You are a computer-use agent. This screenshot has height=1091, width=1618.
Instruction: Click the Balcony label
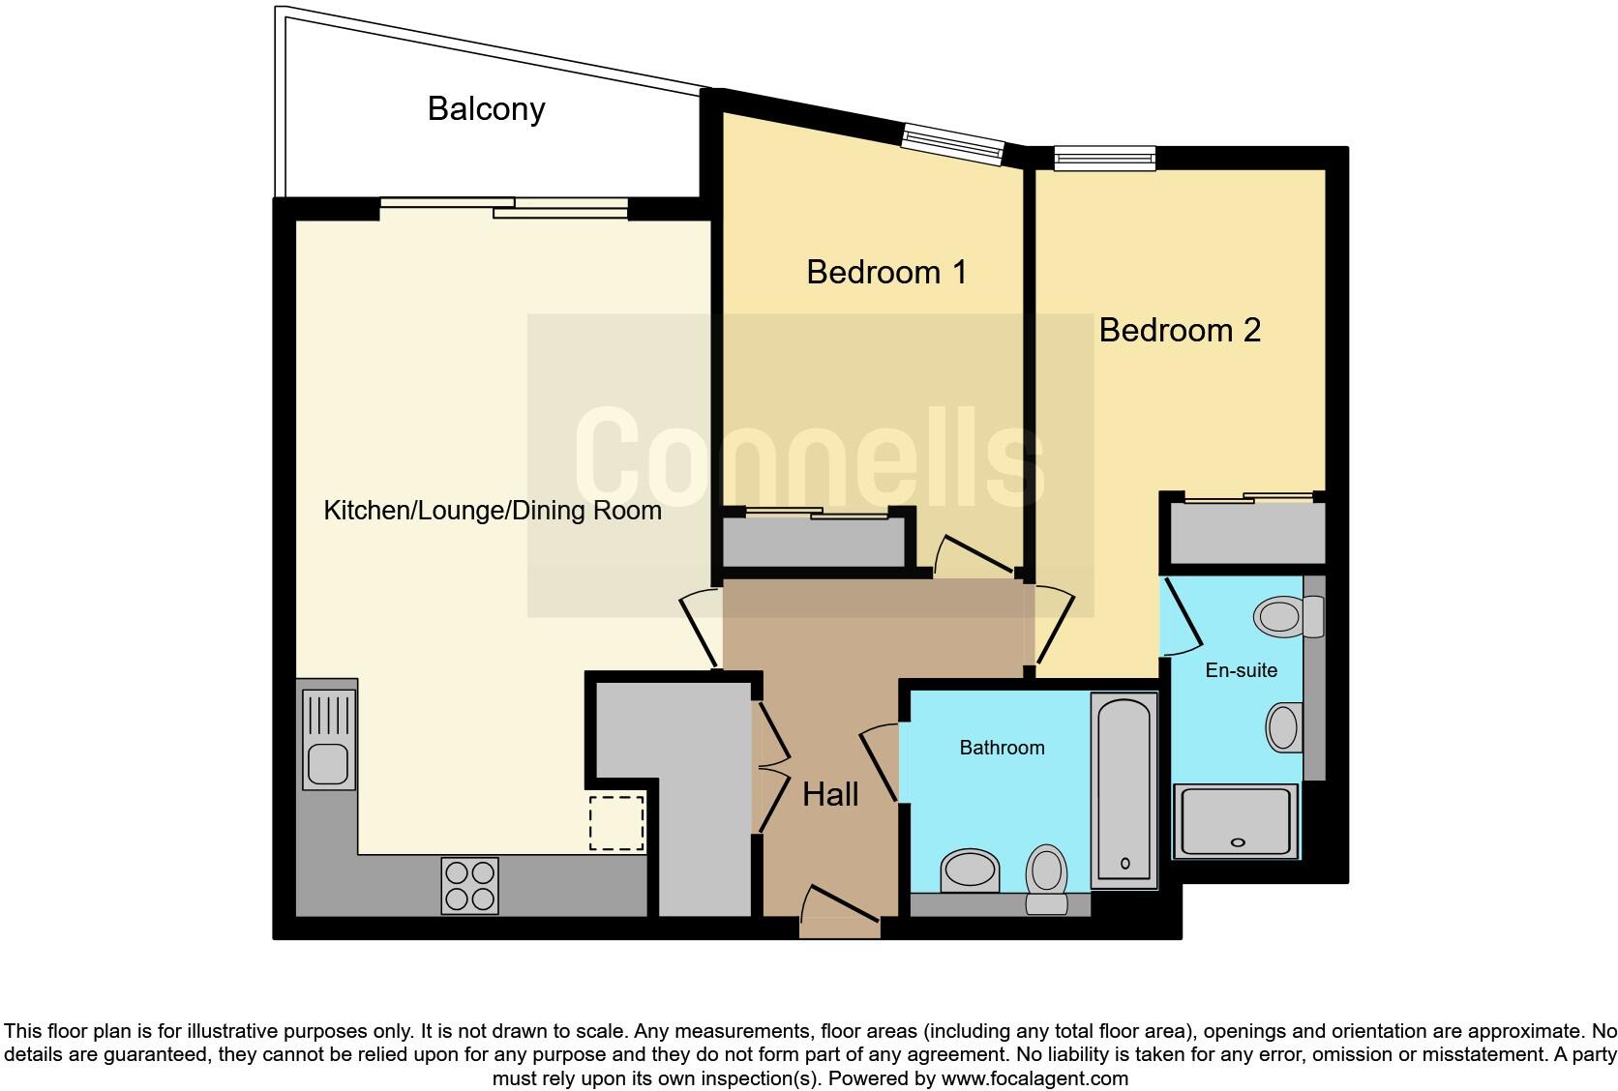pyautogui.click(x=486, y=108)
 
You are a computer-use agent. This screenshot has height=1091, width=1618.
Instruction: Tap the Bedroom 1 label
pyautogui.click(x=886, y=272)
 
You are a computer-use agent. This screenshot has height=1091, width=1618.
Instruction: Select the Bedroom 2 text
pyautogui.click(x=1180, y=330)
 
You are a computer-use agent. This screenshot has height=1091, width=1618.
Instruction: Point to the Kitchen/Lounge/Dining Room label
pyautogui.click(x=492, y=510)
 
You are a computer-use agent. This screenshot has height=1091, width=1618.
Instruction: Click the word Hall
pyautogui.click(x=830, y=794)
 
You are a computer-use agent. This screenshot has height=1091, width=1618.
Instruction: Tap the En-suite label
pyautogui.click(x=1241, y=669)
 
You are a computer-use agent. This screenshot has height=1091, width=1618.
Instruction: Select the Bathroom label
pyautogui.click(x=1002, y=747)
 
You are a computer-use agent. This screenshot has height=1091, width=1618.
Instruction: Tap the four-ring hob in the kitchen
pyautogui.click(x=470, y=885)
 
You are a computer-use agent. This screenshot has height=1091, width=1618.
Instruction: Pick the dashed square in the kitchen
pyautogui.click(x=616, y=822)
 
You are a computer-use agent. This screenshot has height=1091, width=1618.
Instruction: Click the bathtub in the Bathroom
pyautogui.click(x=1124, y=790)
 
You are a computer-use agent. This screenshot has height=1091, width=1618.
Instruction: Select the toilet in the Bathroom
pyautogui.click(x=1046, y=876)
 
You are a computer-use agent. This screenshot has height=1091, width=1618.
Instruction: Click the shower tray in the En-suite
pyautogui.click(x=1236, y=821)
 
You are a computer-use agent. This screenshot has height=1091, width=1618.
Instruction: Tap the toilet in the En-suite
pyautogui.click(x=1287, y=616)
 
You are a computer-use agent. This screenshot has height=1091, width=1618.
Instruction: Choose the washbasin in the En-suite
pyautogui.click(x=1283, y=727)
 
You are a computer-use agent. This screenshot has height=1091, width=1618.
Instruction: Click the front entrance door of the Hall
pyautogui.click(x=839, y=914)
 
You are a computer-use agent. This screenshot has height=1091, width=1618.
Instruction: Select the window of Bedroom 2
pyautogui.click(x=1104, y=158)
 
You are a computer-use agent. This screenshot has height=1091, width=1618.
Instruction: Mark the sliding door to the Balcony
pyautogui.click(x=504, y=207)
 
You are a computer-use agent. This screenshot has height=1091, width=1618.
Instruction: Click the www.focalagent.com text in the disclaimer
pyautogui.click(x=1034, y=1077)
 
